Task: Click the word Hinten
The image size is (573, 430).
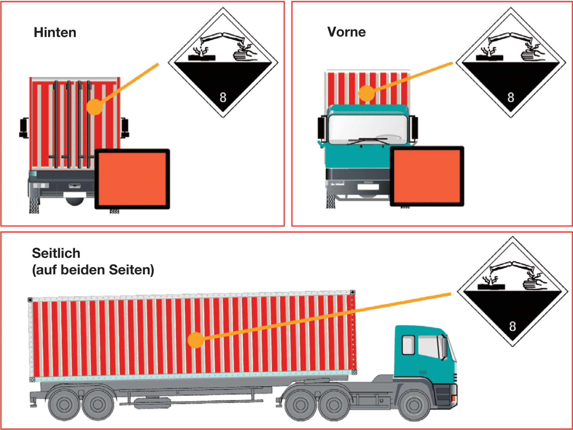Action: point(55,33)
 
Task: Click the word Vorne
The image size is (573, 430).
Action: point(346,32)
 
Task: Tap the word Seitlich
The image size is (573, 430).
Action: point(56,253)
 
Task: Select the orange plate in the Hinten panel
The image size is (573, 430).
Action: point(132,179)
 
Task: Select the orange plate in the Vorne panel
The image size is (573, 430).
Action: point(427,176)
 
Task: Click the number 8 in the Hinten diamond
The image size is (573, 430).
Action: point(223,98)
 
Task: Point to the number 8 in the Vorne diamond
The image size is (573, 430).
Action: point(511,98)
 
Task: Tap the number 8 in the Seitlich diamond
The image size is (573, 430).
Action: point(512,326)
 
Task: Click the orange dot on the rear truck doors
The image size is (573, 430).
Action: point(95,107)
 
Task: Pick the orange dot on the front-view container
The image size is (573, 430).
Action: point(366,93)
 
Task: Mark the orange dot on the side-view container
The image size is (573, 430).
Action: point(196,340)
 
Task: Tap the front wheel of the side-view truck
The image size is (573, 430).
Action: point(414,405)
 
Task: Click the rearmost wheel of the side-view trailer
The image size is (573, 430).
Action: point(64,405)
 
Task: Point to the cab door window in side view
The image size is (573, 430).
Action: point(408,345)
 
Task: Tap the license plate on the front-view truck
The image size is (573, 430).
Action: point(368,187)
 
